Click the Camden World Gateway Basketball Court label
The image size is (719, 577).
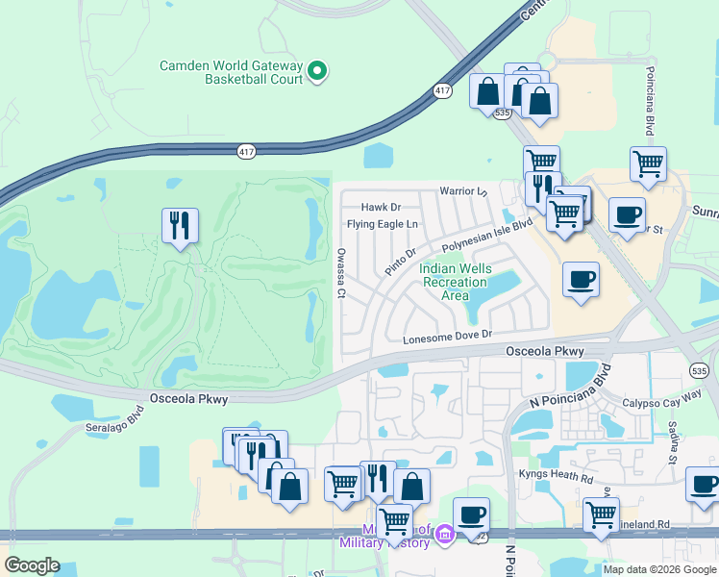pos(232,72)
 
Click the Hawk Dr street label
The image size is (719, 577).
pos(381,207)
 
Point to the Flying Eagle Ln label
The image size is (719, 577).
pos(383,225)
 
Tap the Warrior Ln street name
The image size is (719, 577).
pos(464,191)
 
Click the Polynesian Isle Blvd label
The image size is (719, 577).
pos(487,236)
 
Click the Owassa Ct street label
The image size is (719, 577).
pos(340,272)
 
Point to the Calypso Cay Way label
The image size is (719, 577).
pos(657,403)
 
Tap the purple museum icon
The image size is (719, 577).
pos(444,533)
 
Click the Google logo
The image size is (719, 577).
pos(32,565)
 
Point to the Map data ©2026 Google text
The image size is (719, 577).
pos(659,569)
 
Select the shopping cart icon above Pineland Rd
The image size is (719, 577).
pos(601,514)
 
